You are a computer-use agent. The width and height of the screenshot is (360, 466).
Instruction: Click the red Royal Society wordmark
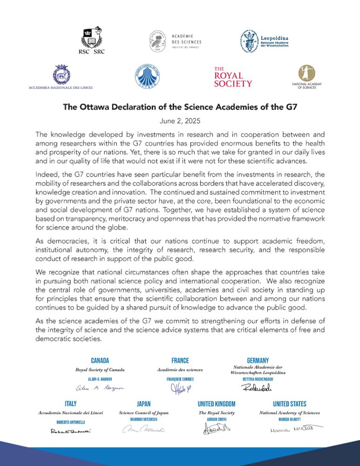pyautogui.click(x=233, y=77)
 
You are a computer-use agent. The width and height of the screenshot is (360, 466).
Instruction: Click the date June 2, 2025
pyautogui.click(x=180, y=120)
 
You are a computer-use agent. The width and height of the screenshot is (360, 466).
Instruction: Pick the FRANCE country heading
pyautogui.click(x=180, y=360)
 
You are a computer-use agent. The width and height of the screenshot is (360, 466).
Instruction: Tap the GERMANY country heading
pyautogui.click(x=258, y=360)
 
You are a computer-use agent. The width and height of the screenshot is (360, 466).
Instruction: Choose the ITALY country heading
pyautogui.click(x=70, y=404)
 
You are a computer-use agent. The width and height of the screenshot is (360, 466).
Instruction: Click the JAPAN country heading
pyautogui.click(x=143, y=404)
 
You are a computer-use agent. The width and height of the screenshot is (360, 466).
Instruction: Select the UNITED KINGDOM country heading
pyautogui.click(x=217, y=404)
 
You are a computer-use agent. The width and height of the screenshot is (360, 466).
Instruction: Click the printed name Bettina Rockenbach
pyautogui.click(x=258, y=380)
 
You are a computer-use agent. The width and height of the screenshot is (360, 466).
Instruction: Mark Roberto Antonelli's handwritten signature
pyautogui.click(x=70, y=431)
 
